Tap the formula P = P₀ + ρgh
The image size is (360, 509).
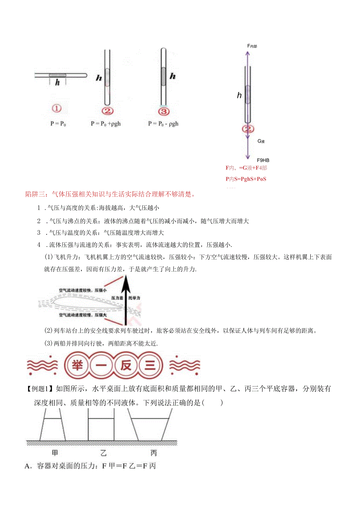coord(106,124)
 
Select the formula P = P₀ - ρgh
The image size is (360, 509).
coord(163,124)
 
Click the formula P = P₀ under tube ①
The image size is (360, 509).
coord(58,124)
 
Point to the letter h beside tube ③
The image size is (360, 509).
coord(172,76)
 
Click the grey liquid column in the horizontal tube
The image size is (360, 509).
coord(58,75)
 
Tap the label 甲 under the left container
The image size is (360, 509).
coord(55,453)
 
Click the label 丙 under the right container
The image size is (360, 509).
coord(153,453)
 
